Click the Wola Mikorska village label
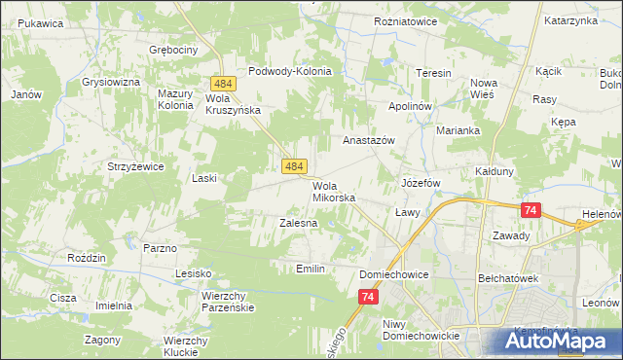click(334, 192)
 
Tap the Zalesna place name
click(299, 223)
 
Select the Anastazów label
click(368, 140)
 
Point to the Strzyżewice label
click(135, 166)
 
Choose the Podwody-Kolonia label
click(290, 71)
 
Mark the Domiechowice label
click(394, 274)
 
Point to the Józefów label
click(421, 183)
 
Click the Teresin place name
click(433, 74)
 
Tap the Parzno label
click(160, 248)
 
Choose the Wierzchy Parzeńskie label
click(228, 301)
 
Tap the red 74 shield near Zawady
click(531, 210)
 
